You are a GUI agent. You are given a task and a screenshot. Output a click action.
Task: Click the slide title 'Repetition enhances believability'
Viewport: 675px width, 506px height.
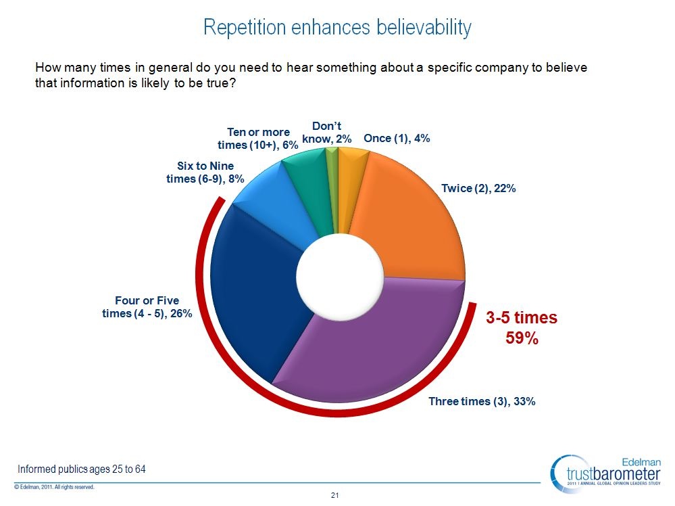pos(337,28)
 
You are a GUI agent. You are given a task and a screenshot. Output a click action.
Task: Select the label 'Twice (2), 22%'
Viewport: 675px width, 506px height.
pos(478,189)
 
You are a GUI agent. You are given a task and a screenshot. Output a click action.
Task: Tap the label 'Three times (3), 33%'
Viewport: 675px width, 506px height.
pos(482,401)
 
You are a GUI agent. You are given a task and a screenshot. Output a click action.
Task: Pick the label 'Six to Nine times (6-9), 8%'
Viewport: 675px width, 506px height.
pos(205,172)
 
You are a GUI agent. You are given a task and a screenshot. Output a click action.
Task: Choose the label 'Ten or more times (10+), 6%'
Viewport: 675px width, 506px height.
pos(258,139)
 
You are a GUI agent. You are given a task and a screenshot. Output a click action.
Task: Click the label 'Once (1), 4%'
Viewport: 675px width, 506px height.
pos(397,138)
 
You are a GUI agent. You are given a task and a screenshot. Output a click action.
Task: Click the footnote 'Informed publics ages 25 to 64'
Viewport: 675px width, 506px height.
pos(82,469)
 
